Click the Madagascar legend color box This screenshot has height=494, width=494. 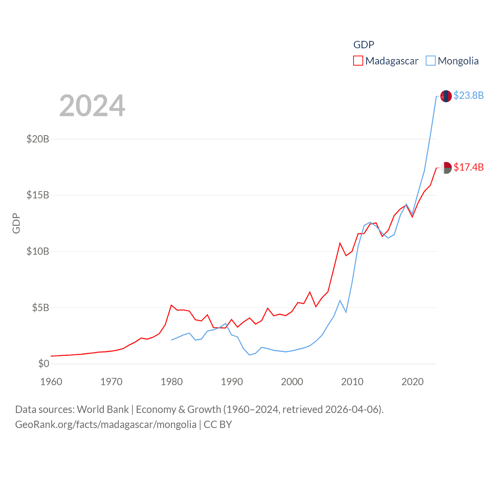(x=358, y=61)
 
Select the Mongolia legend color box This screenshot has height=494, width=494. (x=431, y=61)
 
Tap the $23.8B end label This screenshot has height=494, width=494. (x=469, y=95)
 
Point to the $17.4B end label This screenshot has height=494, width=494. (x=469, y=167)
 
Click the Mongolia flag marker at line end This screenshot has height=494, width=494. (x=446, y=96)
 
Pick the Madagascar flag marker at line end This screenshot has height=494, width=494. (x=446, y=168)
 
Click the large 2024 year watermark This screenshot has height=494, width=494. (x=92, y=106)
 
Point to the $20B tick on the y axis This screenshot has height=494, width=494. (x=38, y=139)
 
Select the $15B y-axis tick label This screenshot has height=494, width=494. (x=38, y=195)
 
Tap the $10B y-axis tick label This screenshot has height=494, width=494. (x=38, y=251)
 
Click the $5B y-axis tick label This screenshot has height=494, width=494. (x=41, y=308)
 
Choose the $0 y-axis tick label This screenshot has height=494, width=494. (x=44, y=364)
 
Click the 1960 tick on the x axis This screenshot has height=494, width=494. (x=51, y=382)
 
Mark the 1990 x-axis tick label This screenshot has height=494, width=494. (x=232, y=382)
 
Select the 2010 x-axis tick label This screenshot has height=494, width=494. (x=352, y=382)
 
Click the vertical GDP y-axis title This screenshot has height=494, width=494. (x=16, y=223)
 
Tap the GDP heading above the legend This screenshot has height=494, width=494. (x=364, y=45)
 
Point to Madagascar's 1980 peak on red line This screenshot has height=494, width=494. (x=171, y=305)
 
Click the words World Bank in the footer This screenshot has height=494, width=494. (x=103, y=409)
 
